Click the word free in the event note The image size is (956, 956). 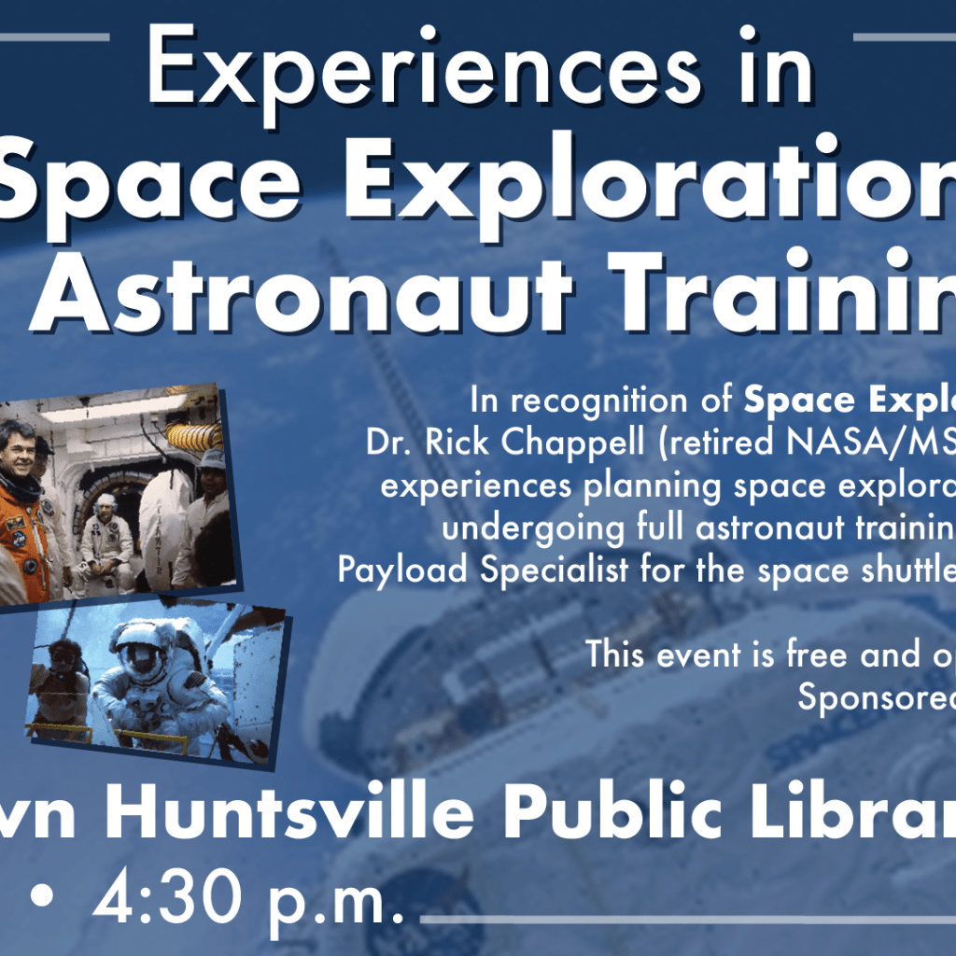(801, 654)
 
